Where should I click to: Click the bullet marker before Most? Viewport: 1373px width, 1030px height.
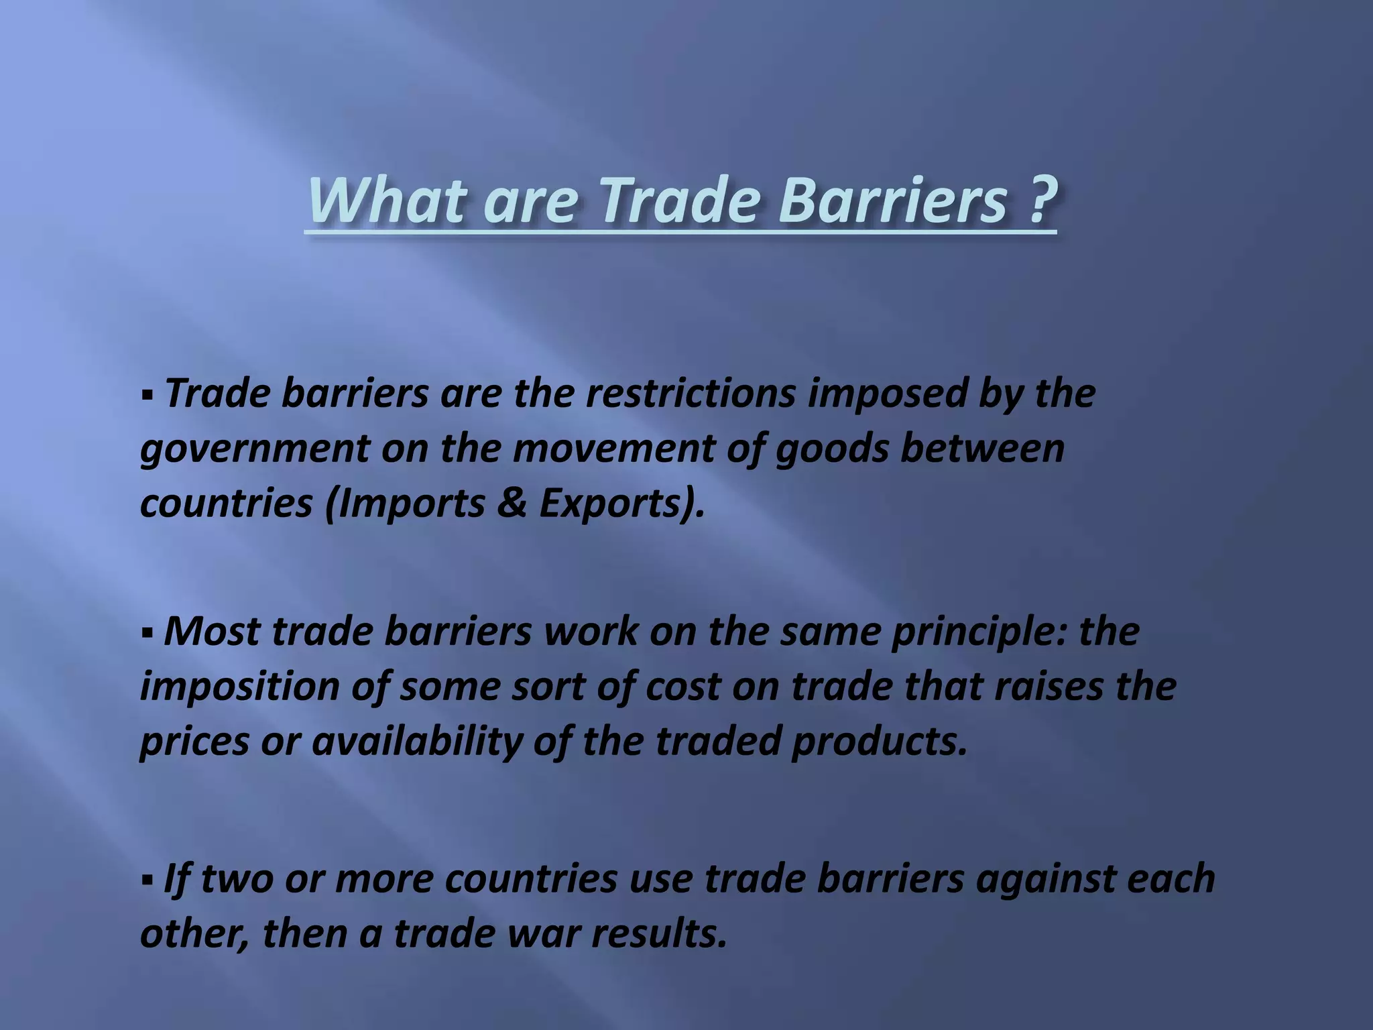(x=147, y=632)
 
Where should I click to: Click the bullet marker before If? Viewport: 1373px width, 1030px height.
(x=147, y=879)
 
